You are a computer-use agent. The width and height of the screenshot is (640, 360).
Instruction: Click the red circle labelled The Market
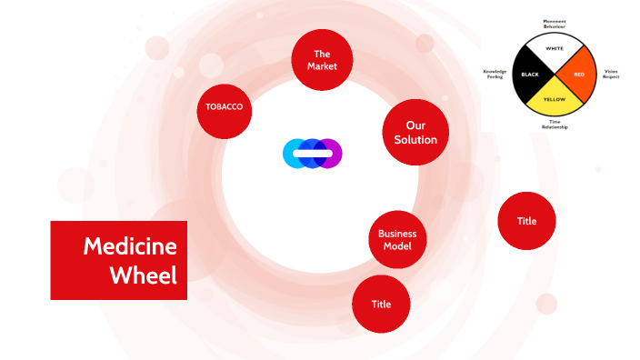coord(322,60)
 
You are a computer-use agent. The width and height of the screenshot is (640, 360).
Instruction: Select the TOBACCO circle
coord(225,107)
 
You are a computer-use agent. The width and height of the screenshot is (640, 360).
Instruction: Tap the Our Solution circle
coord(415,133)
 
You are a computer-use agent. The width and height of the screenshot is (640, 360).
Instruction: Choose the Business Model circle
coord(397,240)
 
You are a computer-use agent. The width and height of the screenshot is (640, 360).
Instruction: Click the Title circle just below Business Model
coord(381,304)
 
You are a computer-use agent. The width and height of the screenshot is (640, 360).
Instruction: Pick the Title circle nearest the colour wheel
coord(526,221)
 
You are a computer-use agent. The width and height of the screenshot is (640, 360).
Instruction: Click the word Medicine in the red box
coord(129,246)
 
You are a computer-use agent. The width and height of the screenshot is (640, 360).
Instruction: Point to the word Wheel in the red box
coord(143,275)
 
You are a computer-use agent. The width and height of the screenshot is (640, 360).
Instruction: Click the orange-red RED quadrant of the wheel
coord(579,73)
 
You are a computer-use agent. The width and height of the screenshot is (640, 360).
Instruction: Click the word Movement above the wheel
coord(555,20)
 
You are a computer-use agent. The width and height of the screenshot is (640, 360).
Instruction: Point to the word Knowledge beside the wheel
coord(495,70)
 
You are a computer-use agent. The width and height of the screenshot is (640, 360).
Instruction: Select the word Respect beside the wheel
coord(611,77)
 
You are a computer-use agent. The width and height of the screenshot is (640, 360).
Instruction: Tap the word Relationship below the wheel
coord(555,127)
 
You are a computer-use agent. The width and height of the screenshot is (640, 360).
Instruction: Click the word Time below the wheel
coord(555,121)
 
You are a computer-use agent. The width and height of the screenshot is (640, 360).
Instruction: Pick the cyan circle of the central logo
coord(293,153)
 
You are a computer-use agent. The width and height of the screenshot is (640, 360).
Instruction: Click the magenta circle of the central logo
coord(332,153)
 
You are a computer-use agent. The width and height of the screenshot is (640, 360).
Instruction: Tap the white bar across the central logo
coord(312,153)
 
